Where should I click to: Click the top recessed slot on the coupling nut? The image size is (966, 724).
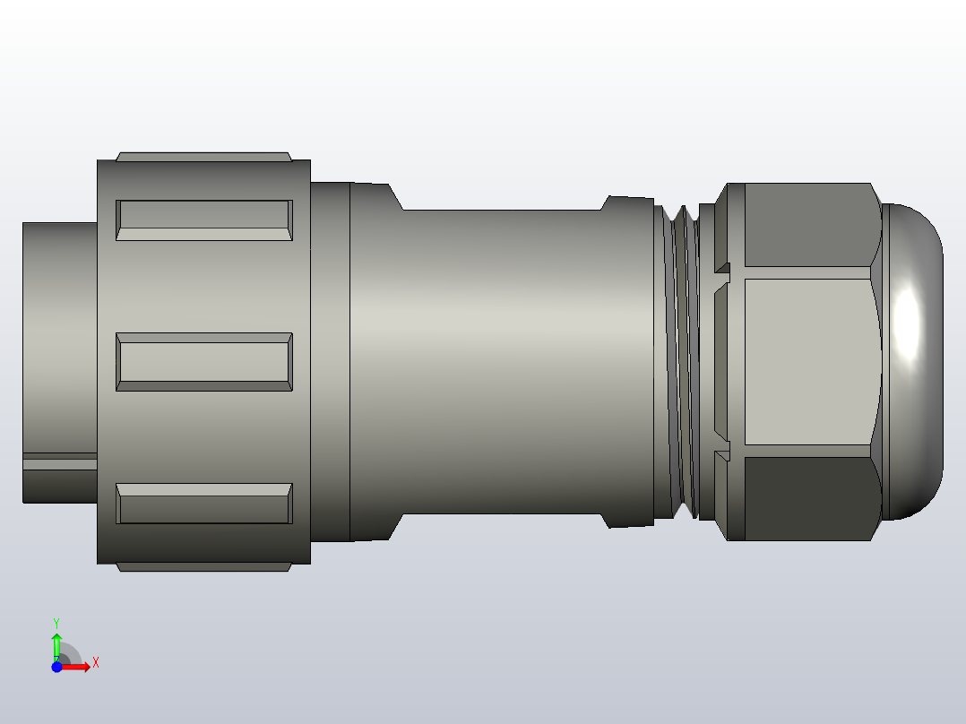tap(204, 220)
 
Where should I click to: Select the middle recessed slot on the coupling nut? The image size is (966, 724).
tap(204, 362)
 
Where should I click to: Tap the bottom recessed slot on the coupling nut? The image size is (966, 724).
tap(204, 504)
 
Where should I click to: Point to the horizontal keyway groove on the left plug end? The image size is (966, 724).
tap(59, 462)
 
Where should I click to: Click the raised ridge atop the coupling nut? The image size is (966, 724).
tap(204, 156)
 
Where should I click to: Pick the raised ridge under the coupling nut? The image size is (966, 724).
tap(204, 567)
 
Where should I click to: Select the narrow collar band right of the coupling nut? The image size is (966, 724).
tap(330, 362)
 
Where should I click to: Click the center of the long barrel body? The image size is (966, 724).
tap(502, 362)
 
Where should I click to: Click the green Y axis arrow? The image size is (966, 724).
tap(56, 643)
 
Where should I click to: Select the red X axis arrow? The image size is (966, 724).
tap(79, 667)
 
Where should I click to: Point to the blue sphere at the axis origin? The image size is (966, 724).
tap(56, 667)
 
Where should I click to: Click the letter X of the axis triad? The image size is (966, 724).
tap(95, 663)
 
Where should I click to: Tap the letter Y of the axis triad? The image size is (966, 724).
tap(56, 622)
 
